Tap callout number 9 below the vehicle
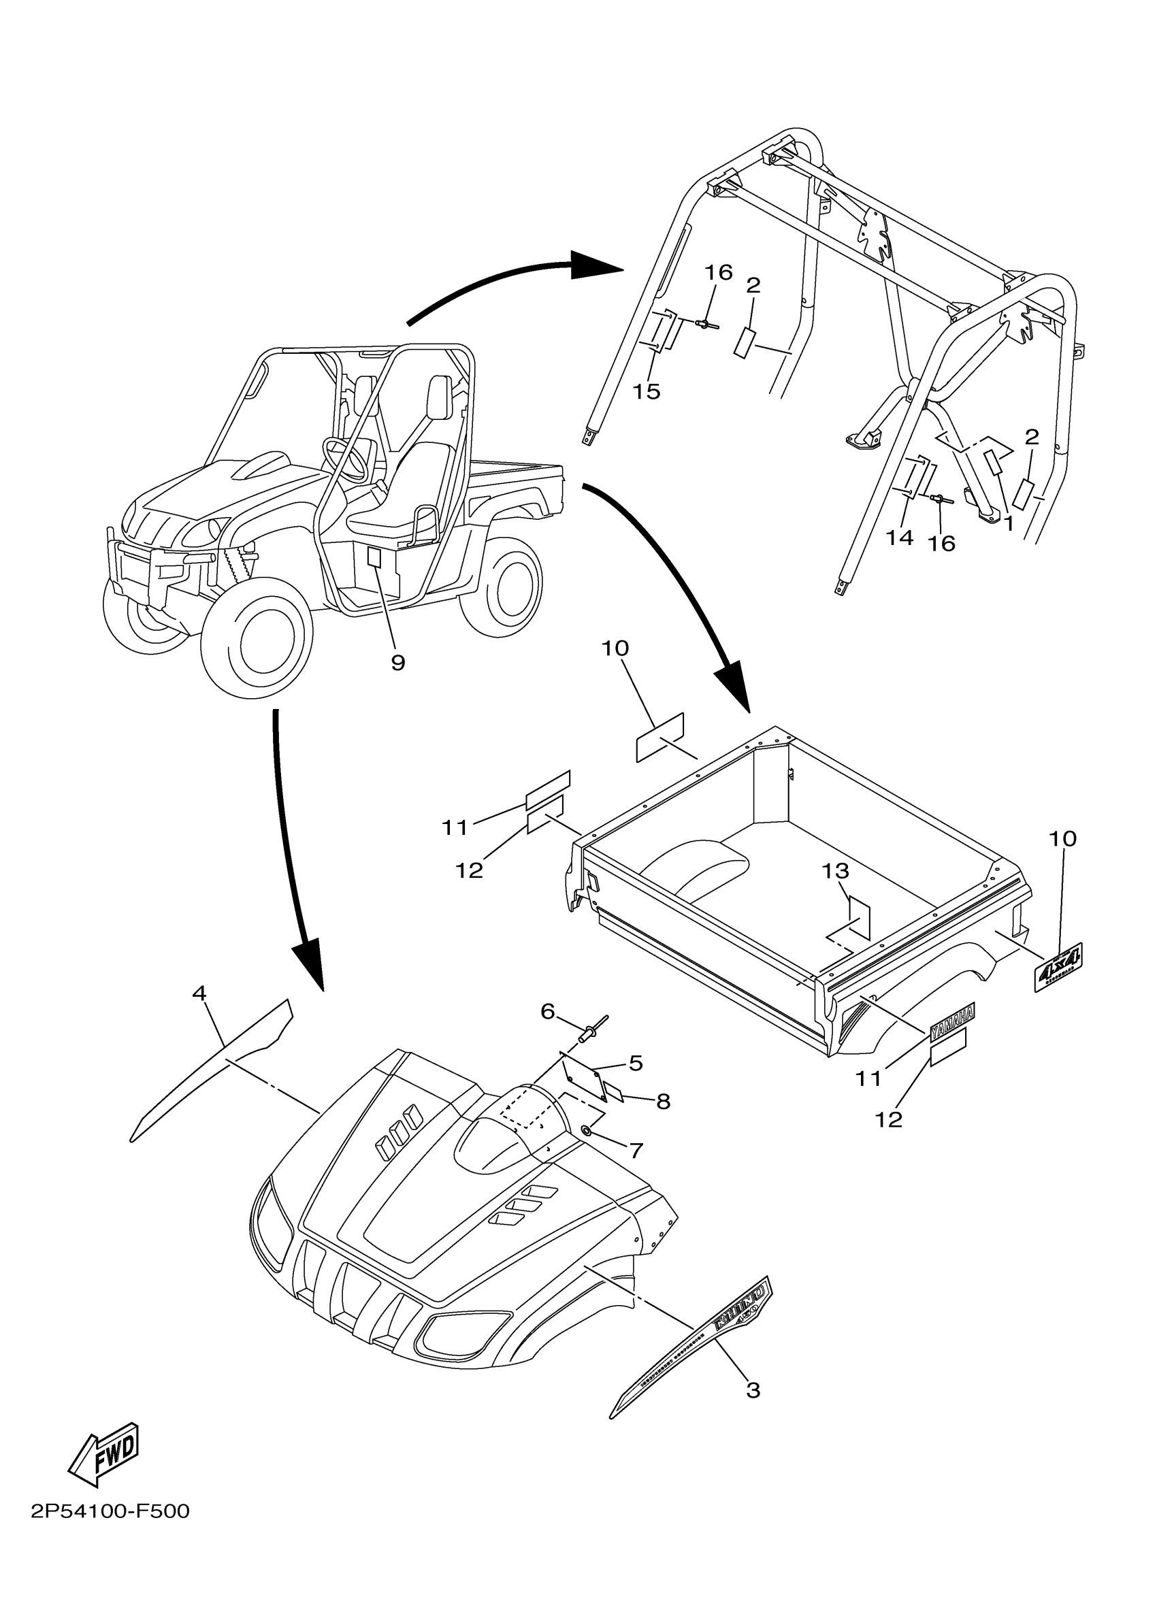pos(398,662)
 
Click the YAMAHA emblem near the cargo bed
pos(952,1023)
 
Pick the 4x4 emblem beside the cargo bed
pos(1058,968)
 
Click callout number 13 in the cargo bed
pos(836,871)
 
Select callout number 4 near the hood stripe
pos(199,993)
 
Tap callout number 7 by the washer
pos(636,1151)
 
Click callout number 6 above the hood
pos(548,1011)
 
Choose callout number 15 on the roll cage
pos(646,391)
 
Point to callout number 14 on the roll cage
pos(899,538)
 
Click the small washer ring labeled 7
pos(586,1130)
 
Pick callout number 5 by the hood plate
pos(636,1063)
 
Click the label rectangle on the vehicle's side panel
pos(374,557)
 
